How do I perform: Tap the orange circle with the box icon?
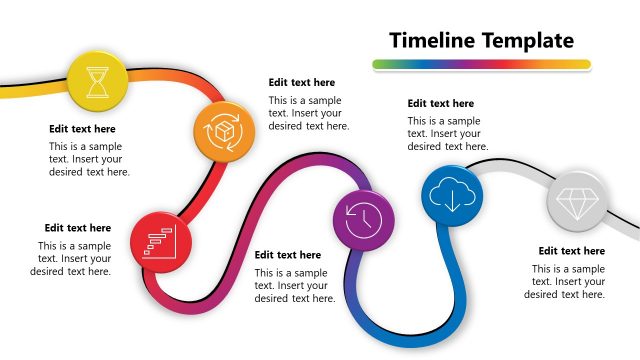[x=223, y=130]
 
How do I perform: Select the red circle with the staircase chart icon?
[x=160, y=242]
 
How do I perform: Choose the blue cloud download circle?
[x=451, y=195]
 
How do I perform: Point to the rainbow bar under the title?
[x=480, y=65]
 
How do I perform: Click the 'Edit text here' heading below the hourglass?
[x=82, y=129]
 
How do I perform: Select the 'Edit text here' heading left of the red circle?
[x=78, y=228]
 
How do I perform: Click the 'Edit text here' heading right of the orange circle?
[x=301, y=83]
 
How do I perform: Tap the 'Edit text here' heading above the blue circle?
[x=440, y=103]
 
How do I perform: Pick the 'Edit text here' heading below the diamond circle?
[x=571, y=251]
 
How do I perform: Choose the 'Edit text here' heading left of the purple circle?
[x=288, y=255]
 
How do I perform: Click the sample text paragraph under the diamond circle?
[x=565, y=281]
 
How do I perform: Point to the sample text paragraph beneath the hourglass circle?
[x=89, y=158]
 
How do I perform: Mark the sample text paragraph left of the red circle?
[x=71, y=258]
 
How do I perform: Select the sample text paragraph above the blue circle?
[x=444, y=133]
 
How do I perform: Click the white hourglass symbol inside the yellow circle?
[x=96, y=80]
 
